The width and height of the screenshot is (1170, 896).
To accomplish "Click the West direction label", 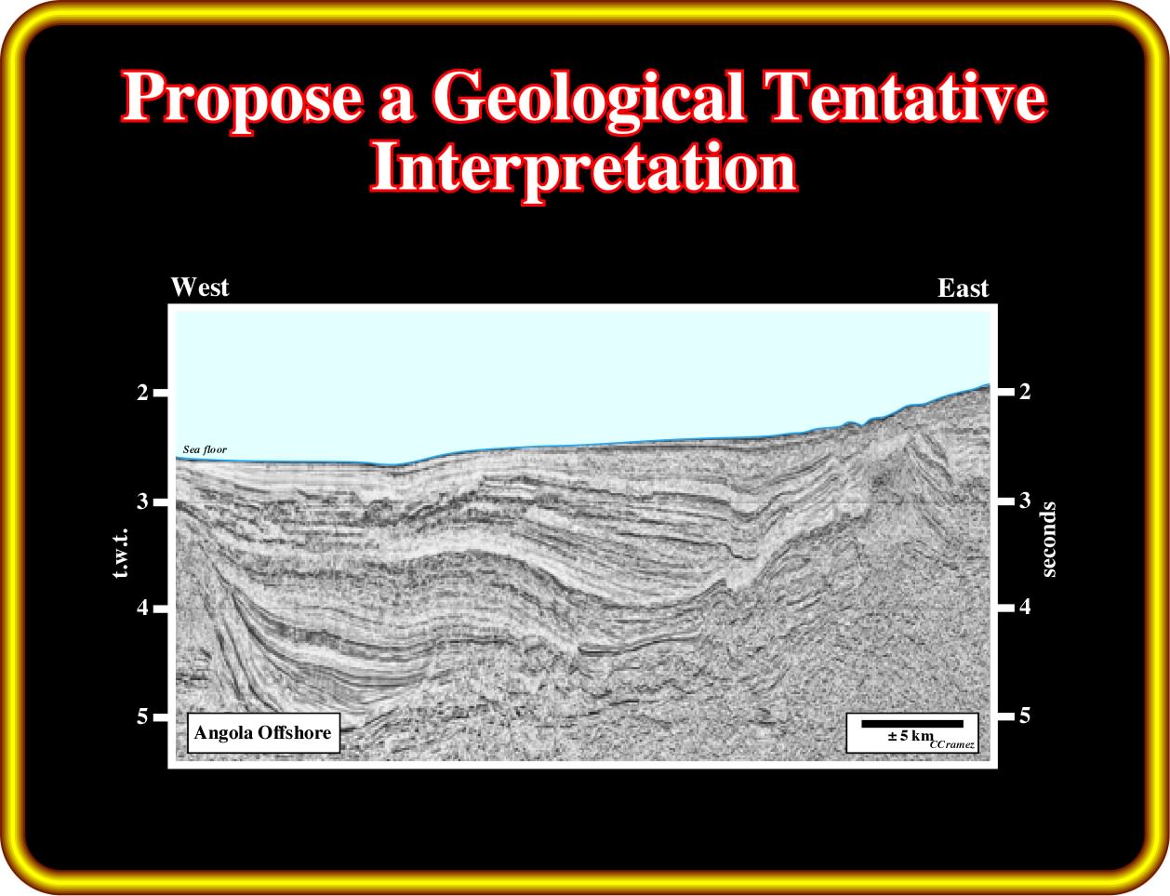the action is pos(200,287).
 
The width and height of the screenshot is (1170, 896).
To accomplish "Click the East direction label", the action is pos(963,288).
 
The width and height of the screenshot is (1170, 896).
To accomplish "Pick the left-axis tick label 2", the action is pos(142,393).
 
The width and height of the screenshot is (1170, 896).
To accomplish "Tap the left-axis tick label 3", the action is pos(142,501).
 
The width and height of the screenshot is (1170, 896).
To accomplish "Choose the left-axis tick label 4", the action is pos(142,608).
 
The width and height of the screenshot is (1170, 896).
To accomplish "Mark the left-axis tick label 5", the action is pos(142,716).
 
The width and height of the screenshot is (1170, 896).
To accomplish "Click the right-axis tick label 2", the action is pos(1025,392).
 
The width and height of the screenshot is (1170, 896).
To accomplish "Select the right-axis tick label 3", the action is pos(1025,500).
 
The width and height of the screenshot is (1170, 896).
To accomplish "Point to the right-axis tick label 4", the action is pos(1025,607).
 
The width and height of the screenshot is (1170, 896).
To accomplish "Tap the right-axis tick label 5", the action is pos(1025,715).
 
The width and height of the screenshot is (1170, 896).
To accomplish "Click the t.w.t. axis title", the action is pos(121,553).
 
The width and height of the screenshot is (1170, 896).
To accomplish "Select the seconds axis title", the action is pos(1049,540).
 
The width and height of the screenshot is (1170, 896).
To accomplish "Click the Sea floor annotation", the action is pos(205,449).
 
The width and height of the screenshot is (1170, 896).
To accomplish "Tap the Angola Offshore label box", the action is pos(263,733).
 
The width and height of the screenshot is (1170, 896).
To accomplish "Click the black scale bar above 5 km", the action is pos(912,724).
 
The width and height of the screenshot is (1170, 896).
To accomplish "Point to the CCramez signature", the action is pos(952,745).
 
